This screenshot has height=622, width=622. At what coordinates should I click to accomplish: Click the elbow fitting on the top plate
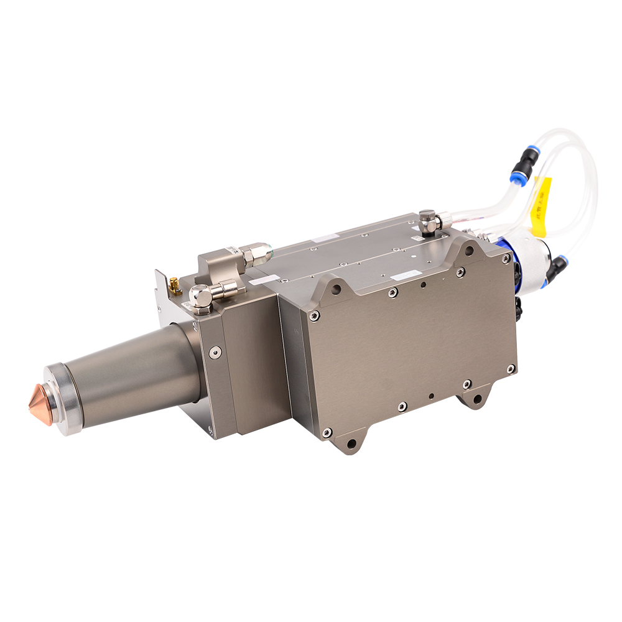[x=429, y=220]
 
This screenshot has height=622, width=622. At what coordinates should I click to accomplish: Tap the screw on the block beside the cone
[x=214, y=352]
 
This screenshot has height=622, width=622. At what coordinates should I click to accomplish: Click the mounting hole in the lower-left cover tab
[x=351, y=443]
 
